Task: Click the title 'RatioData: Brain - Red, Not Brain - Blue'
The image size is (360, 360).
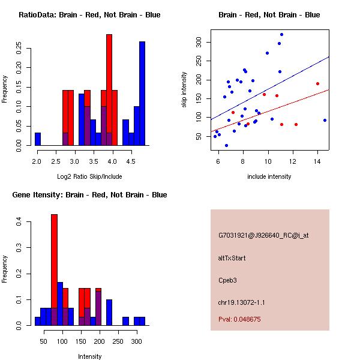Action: pyautogui.click(x=89, y=15)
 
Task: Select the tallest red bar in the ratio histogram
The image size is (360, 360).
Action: pyautogui.click(x=109, y=90)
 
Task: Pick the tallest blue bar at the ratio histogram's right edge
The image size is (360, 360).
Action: pyautogui.click(x=142, y=94)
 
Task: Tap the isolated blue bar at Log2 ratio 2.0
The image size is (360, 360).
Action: pyautogui.click(x=38, y=139)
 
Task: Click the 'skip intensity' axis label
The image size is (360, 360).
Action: pyautogui.click(x=184, y=90)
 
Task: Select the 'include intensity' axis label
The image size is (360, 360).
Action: pyautogui.click(x=269, y=176)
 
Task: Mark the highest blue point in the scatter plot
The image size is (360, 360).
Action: pyautogui.click(x=281, y=35)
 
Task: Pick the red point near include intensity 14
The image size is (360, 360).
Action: pyautogui.click(x=317, y=83)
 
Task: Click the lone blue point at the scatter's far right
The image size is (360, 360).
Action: pyautogui.click(x=325, y=120)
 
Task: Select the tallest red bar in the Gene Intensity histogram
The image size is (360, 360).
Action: pyautogui.click(x=54, y=270)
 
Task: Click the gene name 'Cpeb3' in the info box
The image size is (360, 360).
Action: pyautogui.click(x=228, y=280)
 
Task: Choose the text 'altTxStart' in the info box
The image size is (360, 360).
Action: pyautogui.click(x=232, y=259)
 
